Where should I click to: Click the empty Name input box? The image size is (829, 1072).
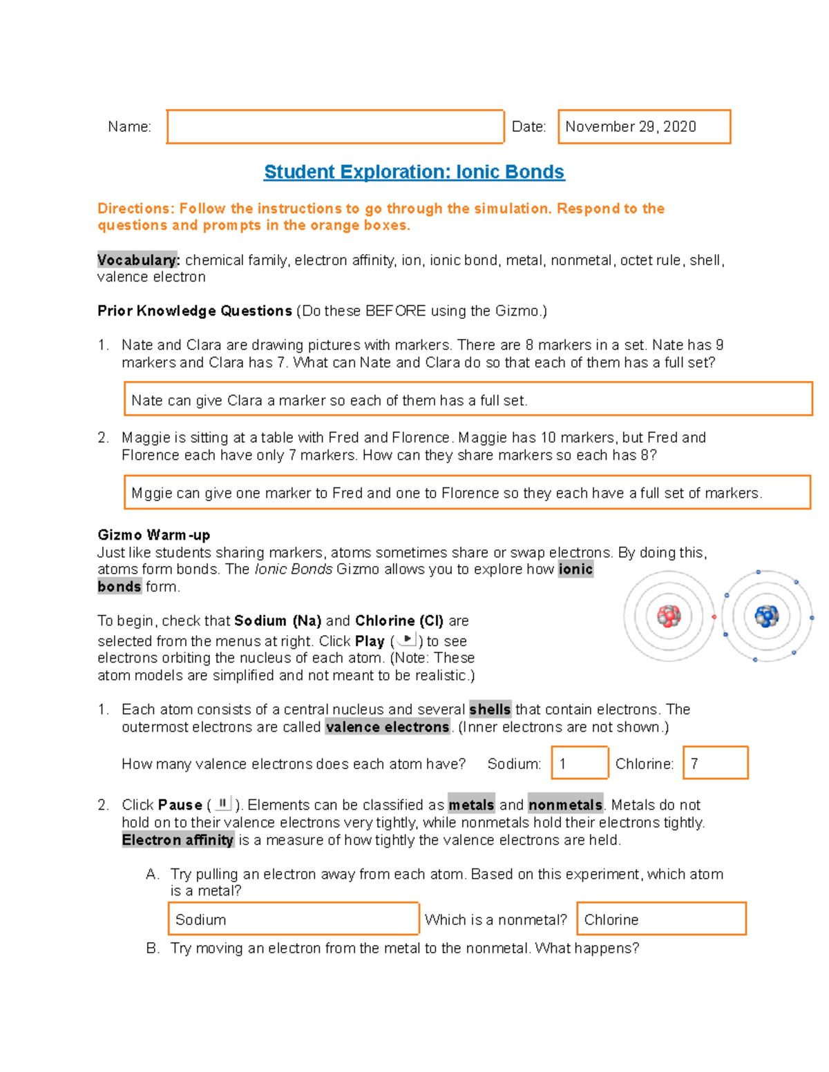(335, 127)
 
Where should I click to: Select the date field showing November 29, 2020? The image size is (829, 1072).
(644, 127)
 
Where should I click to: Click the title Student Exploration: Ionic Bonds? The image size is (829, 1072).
(414, 172)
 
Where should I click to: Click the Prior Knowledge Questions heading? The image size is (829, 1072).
(195, 311)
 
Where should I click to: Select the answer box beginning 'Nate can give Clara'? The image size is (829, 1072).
(468, 400)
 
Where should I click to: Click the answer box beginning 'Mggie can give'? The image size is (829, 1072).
(467, 493)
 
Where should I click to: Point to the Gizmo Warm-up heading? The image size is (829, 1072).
(153, 535)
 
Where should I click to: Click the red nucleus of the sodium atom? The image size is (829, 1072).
(669, 616)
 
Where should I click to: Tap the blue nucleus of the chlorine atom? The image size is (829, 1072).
(766, 616)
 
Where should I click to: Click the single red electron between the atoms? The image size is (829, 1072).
(714, 617)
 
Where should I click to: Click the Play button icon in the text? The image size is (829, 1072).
(407, 640)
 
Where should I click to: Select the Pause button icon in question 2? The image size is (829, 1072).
(222, 803)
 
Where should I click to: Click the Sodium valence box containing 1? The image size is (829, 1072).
(580, 763)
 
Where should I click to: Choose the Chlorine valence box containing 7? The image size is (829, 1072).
(715, 763)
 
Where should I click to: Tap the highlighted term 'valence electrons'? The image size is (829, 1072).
(388, 728)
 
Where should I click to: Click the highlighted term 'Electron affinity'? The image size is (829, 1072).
(178, 840)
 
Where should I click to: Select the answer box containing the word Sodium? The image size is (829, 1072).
(294, 919)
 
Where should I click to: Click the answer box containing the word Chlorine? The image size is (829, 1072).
(661, 919)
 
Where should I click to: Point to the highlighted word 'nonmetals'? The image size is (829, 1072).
(565, 806)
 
